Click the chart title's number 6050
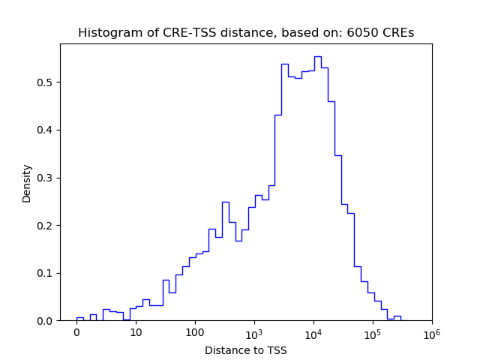tap(360, 33)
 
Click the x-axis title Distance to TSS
tap(246, 350)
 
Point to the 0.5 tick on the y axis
tap(45, 82)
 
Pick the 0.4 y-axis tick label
tap(45, 130)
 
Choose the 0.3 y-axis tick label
tap(45, 178)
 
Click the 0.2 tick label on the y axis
tap(45, 225)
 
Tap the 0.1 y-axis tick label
tap(45, 273)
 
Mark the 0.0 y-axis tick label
tap(45, 321)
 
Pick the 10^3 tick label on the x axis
tap(254, 332)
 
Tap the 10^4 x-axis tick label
tap(313, 332)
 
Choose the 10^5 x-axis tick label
tap(373, 332)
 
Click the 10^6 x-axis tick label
tap(431, 332)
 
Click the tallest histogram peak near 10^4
tap(317, 57)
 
